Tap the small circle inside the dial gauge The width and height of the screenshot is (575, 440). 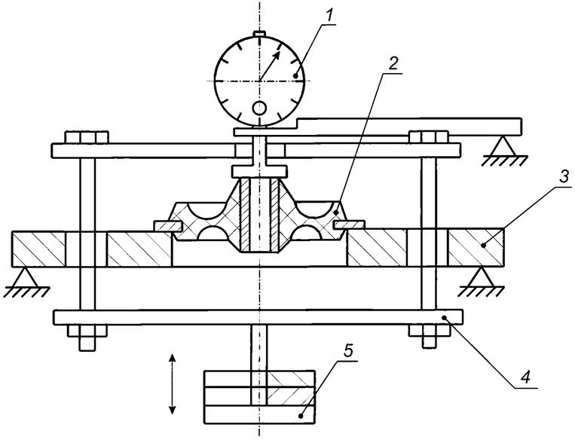[259, 110]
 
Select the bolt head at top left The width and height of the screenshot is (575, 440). [78, 138]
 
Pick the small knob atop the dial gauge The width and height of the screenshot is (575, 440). [259, 33]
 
